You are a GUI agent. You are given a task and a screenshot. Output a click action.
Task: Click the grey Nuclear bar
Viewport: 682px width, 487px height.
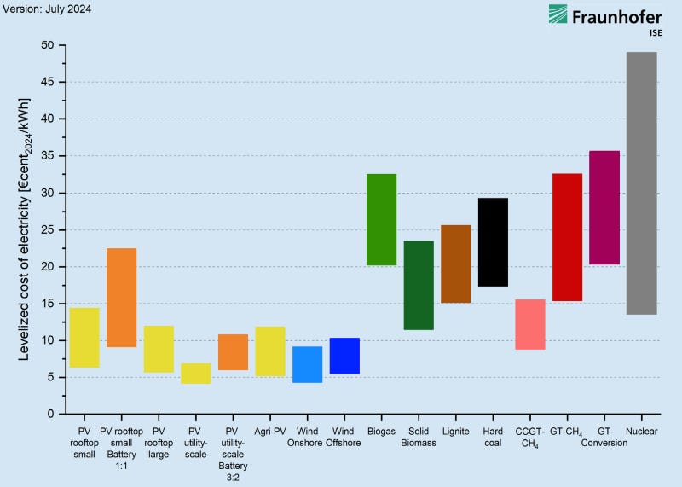641,183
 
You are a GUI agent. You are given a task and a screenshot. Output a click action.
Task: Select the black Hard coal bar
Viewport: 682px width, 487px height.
493,242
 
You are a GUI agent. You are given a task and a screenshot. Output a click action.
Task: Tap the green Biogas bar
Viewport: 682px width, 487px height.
381,219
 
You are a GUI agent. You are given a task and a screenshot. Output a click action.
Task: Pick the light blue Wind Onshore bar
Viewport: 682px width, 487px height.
307,364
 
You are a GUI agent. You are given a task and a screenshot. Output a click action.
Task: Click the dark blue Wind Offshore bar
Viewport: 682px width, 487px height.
344,356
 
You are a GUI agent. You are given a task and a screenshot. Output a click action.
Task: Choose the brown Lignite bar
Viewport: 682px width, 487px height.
455,264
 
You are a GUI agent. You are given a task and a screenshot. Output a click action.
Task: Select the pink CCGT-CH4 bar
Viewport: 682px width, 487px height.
530,324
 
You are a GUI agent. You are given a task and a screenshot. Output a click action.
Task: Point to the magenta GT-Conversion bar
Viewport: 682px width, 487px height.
604,207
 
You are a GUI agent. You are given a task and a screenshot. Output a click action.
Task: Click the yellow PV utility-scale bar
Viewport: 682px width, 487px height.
196,374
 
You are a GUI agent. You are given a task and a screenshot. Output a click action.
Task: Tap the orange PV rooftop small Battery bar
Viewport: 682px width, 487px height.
121,298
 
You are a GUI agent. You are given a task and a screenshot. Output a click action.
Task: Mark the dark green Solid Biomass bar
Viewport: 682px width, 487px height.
419,285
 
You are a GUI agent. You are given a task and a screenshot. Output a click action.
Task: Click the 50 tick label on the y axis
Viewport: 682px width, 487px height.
48,45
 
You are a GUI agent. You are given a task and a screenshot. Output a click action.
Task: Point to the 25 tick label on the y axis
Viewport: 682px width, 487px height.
48,229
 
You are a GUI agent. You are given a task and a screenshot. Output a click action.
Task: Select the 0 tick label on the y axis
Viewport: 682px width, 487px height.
51,414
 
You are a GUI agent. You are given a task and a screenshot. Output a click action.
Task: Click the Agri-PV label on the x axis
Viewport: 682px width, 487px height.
270,432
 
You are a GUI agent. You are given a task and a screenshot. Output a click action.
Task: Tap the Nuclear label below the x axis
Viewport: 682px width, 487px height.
641,432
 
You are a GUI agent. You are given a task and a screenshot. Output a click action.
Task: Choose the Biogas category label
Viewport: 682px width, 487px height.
381,432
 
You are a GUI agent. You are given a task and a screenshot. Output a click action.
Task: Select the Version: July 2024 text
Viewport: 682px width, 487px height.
46,9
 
